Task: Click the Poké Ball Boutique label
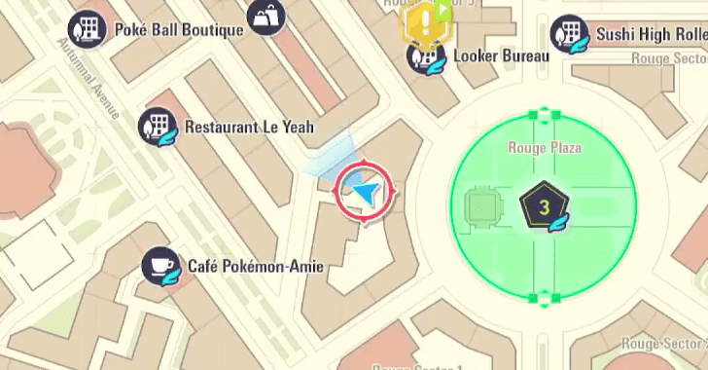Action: [x=179, y=29]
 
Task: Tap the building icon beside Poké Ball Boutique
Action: [x=88, y=28]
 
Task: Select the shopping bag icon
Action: [x=265, y=17]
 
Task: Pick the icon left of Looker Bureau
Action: [x=426, y=56]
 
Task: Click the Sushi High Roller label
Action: [x=647, y=35]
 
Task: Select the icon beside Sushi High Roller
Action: [x=570, y=35]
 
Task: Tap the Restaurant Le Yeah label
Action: [x=249, y=128]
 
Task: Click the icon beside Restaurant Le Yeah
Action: [x=158, y=127]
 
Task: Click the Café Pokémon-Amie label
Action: [x=255, y=266]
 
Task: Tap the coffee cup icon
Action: [x=160, y=266]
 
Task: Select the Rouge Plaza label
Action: [x=545, y=148]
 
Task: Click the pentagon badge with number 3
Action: [x=544, y=206]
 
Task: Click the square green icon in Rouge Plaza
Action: [x=482, y=205]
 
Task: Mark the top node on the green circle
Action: [x=532, y=115]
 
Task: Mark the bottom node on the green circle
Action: [x=532, y=298]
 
